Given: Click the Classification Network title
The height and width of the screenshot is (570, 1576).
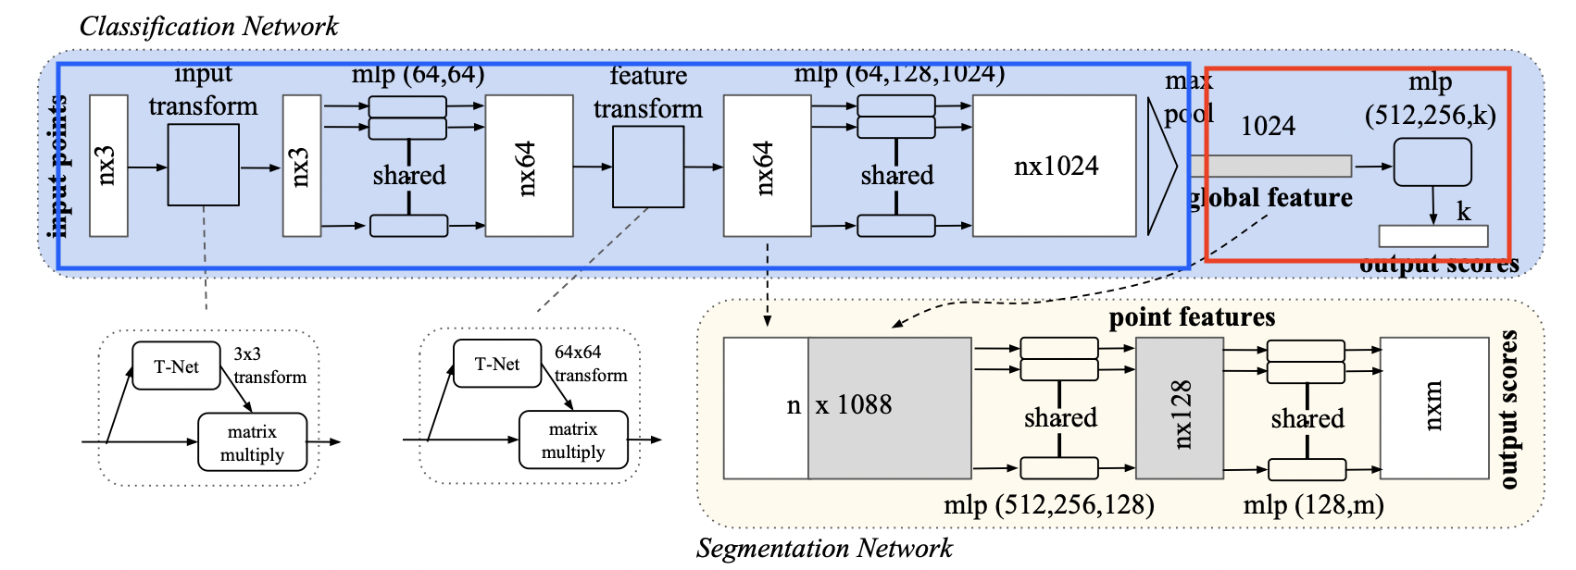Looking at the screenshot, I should tap(208, 26).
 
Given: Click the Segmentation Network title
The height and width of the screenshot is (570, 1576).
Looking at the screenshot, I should tap(823, 549).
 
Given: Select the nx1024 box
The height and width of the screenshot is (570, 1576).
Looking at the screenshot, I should tap(1055, 166).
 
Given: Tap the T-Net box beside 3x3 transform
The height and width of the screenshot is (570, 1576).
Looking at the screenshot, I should tap(176, 366).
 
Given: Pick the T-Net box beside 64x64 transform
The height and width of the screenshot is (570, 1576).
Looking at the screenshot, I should tap(497, 364).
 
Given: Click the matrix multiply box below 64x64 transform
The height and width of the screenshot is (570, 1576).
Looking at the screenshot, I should tap(573, 440).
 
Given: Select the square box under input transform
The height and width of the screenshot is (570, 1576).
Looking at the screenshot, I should tap(204, 166).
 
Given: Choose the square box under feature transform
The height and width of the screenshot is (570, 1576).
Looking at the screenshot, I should tap(648, 167).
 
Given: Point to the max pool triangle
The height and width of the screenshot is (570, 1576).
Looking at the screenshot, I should tap(1161, 167).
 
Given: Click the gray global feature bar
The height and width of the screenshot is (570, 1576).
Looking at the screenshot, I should tap(1270, 167).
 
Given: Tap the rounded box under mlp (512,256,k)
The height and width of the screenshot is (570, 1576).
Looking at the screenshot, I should tap(1432, 163).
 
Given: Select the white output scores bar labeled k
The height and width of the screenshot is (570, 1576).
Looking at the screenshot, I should tap(1433, 236).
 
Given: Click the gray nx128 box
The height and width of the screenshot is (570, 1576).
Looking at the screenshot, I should tap(1180, 408).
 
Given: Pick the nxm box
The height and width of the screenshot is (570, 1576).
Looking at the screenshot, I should tap(1432, 408).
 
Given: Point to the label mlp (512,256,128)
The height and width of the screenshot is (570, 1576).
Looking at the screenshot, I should tap(1048, 505).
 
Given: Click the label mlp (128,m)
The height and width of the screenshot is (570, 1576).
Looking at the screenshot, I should tap(1313, 505).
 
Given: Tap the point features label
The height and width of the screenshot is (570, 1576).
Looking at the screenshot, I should tap(1192, 318).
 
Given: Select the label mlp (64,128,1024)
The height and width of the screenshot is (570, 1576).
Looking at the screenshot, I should tap(899, 73).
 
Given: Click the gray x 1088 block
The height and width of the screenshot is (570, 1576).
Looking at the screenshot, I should tap(890, 408).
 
